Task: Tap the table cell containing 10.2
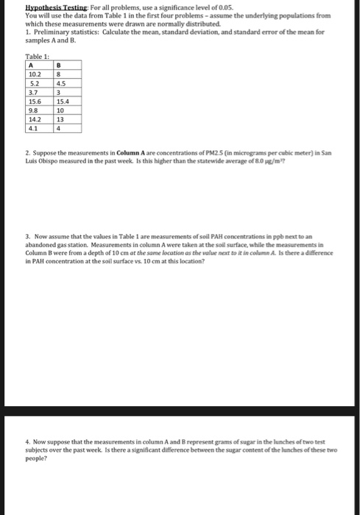pos(34,73)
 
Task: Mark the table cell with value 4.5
pos(60,82)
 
